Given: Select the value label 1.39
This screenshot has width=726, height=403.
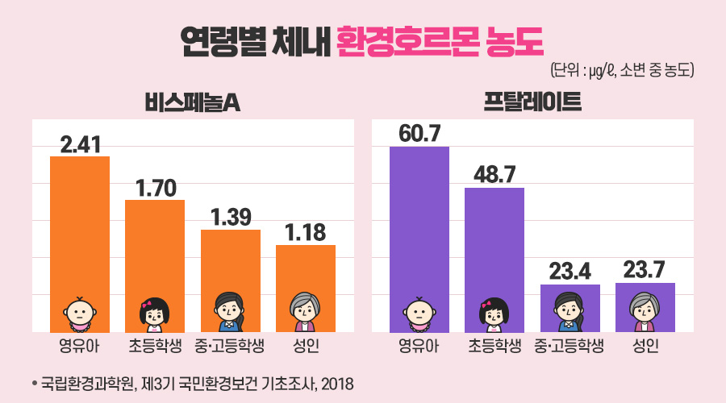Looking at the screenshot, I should (x=231, y=218).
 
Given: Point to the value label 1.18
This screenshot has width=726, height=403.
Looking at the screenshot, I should (x=306, y=233).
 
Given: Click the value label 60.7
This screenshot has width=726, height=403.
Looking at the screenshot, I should (x=419, y=134).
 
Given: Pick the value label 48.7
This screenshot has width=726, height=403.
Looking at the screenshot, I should (x=494, y=175).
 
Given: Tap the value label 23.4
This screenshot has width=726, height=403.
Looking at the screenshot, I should (x=570, y=272).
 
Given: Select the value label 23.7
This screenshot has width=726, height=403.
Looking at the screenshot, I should (x=645, y=270).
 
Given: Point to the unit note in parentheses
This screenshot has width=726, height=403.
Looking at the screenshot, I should (x=621, y=70).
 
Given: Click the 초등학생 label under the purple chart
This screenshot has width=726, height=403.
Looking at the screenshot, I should (x=494, y=347).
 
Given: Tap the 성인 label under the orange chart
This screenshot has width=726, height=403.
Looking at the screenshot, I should (x=306, y=347).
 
